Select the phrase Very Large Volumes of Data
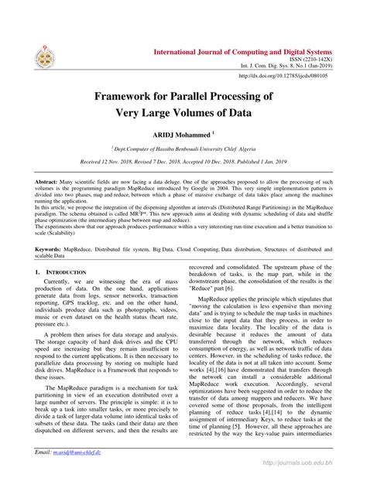tap(183, 112)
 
